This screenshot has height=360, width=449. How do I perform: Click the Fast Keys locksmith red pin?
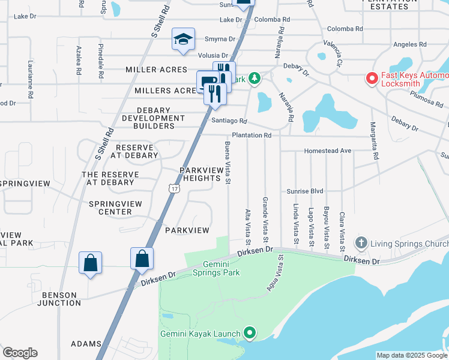(372, 79)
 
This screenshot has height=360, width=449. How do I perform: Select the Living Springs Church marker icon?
(361, 243)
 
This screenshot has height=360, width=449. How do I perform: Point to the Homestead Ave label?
(328, 151)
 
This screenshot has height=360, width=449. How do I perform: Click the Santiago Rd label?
(229, 121)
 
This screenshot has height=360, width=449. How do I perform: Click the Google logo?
(20, 353)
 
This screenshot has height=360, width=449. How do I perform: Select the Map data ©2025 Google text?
(411, 355)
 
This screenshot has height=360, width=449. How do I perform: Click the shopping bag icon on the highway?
(142, 259)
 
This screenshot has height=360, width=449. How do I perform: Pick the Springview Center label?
(115, 208)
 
